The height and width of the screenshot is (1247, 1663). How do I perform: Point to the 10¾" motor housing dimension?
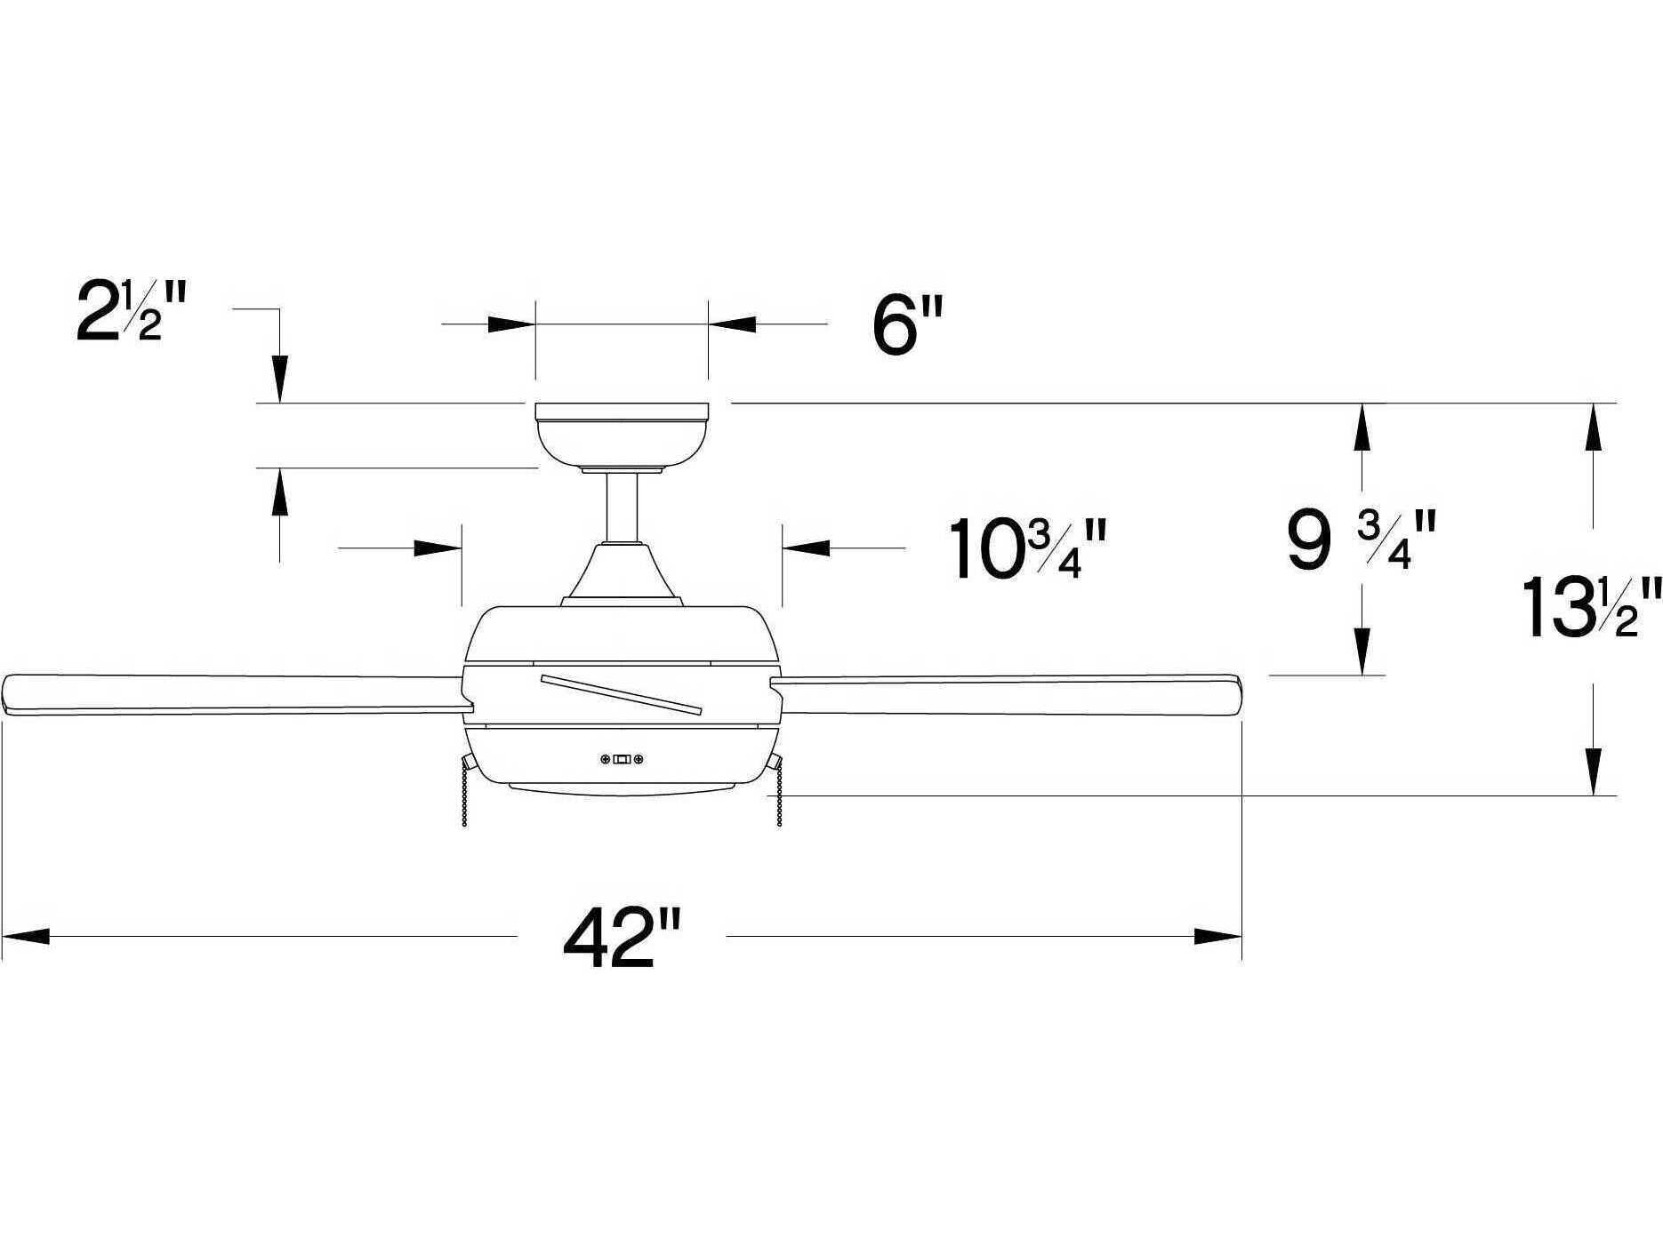tap(1029, 549)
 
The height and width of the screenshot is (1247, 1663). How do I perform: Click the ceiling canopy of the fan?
tap(621, 436)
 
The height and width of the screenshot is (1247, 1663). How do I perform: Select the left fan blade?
tap(231, 693)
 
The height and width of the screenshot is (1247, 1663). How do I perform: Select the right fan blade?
tap(1005, 695)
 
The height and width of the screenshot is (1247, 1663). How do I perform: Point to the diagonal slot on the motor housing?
tap(621, 694)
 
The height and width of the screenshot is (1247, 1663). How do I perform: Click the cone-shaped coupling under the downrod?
tap(623, 573)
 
